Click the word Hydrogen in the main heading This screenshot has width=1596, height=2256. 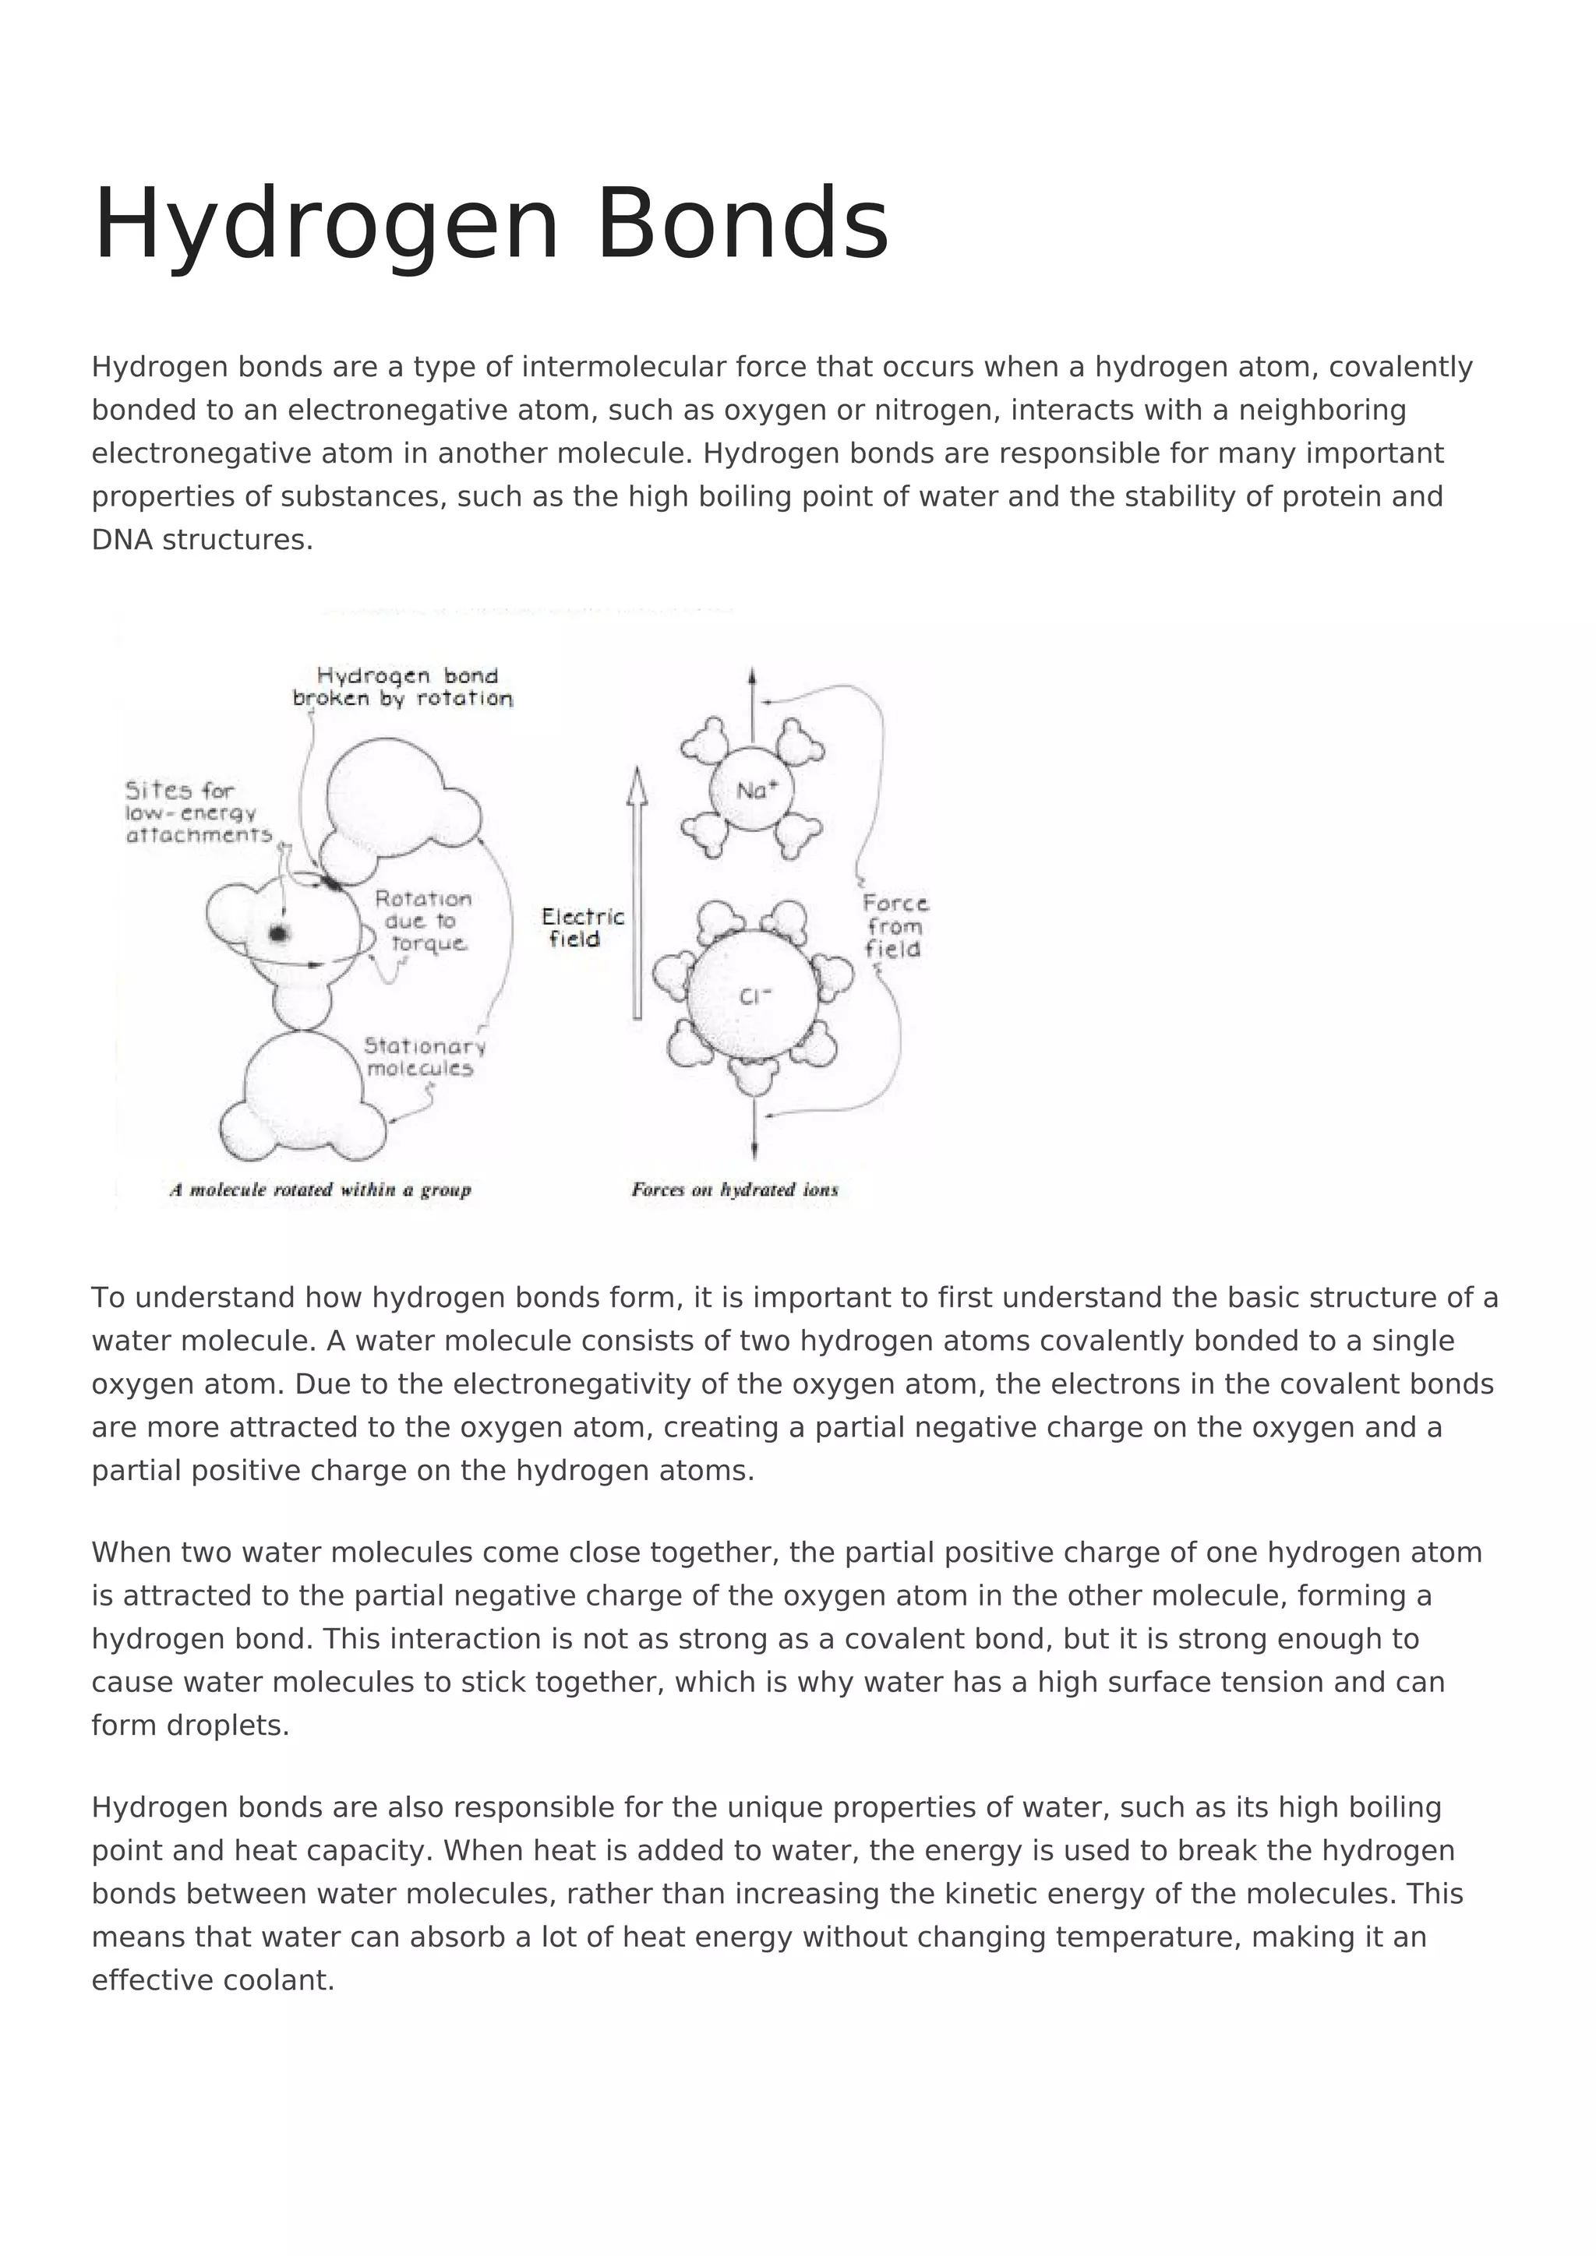(325, 224)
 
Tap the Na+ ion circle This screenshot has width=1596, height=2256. (752, 789)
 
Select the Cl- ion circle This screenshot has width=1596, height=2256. (753, 996)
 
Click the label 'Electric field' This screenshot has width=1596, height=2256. (582, 928)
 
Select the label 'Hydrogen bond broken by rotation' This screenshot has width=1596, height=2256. (404, 687)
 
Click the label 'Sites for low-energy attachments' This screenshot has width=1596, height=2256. (196, 813)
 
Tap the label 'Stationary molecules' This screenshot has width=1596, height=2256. (424, 1057)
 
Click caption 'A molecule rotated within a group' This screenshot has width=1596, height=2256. (320, 1190)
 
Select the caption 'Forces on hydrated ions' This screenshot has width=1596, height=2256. (734, 1190)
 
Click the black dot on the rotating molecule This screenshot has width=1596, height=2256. (279, 933)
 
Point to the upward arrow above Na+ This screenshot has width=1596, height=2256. (752, 703)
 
